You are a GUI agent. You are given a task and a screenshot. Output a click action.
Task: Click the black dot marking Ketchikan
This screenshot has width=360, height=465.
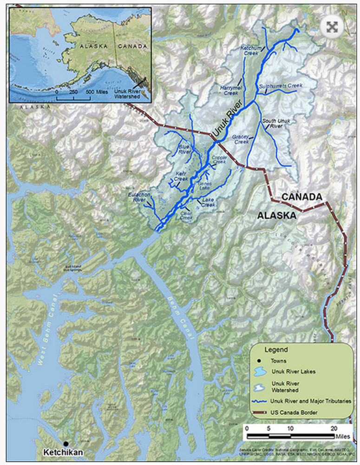pos(66,444)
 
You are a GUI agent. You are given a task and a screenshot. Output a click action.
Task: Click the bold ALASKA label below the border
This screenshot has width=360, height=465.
pos(277,216)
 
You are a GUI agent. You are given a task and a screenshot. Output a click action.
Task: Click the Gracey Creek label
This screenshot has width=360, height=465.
pos(242,139)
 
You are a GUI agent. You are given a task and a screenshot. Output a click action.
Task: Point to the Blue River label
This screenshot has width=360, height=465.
pos(184,149)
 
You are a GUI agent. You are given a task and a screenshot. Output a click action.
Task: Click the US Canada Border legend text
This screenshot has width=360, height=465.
pos(295,412)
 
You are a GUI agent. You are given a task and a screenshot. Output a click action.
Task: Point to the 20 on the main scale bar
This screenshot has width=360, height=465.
pos(333,428)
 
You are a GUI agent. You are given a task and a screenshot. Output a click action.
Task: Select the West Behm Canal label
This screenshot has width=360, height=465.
pos(47,325)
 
